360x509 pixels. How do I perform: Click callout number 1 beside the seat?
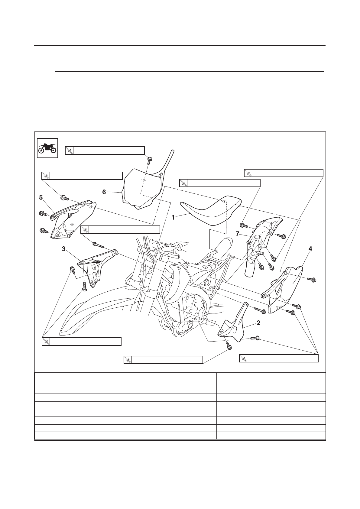click(173, 217)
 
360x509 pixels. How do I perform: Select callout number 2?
click(258, 323)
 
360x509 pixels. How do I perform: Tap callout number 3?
click(64, 249)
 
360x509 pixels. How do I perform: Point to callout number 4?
click(310, 249)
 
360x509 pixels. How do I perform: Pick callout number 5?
click(41, 197)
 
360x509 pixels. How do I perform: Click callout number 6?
click(104, 192)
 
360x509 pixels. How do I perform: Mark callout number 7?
click(237, 234)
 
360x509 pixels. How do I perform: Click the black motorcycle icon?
click(47, 148)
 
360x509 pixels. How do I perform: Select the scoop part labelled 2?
click(233, 323)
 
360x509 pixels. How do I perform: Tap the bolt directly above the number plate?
click(150, 160)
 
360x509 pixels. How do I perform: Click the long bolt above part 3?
click(98, 245)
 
